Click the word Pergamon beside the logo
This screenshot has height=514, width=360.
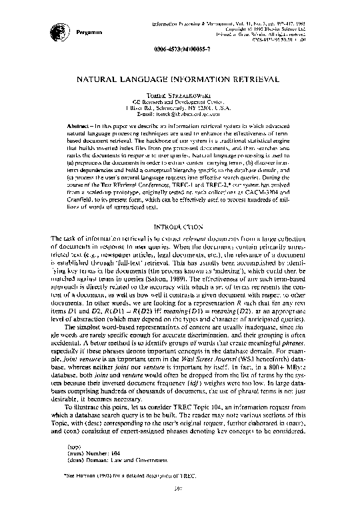(87, 31)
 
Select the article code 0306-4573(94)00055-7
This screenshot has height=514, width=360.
(180, 50)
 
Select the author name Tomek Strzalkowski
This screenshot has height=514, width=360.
(180, 96)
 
